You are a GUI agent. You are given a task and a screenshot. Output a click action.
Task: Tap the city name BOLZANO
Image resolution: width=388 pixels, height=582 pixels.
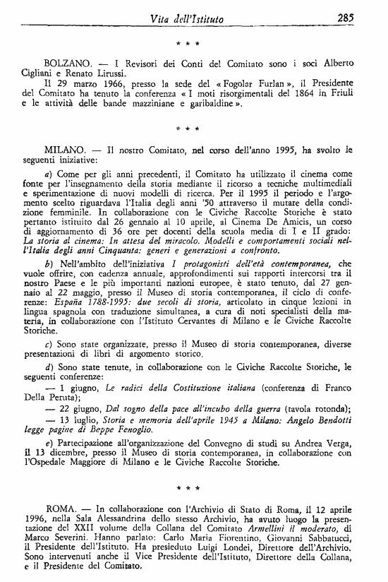pos(68,62)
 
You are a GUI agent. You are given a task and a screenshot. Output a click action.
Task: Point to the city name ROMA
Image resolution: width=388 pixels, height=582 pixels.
pos(60,508)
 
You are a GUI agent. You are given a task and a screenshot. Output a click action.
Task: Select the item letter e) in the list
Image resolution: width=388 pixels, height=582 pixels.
pos(48,441)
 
